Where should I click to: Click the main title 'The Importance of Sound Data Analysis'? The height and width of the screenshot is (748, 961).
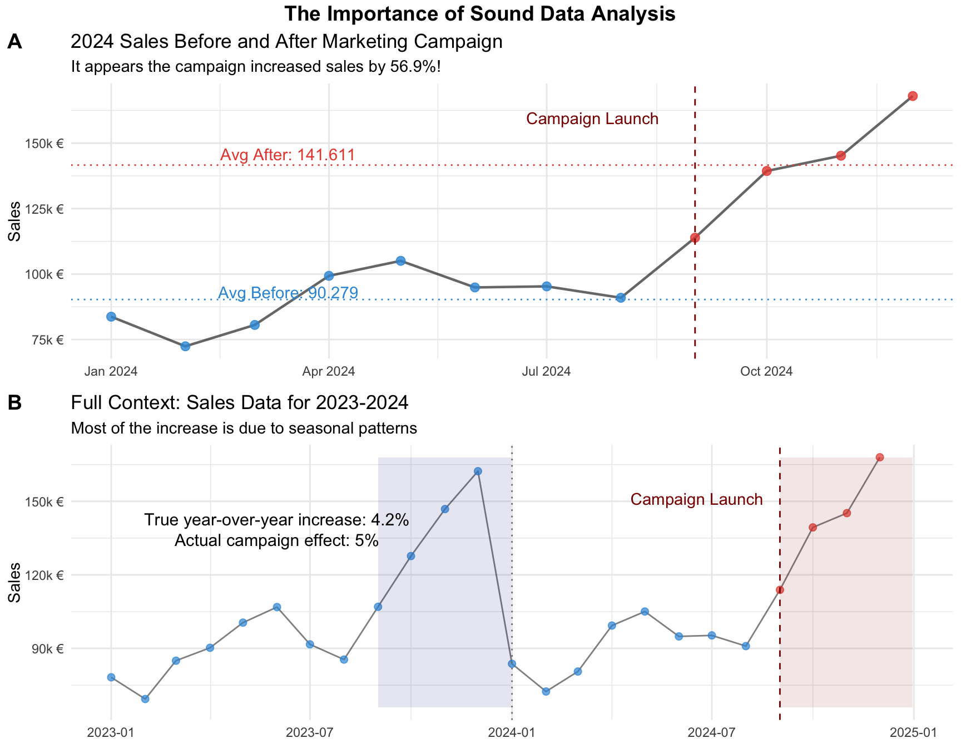tap(479, 14)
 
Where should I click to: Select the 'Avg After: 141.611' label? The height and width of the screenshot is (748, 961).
tap(288, 155)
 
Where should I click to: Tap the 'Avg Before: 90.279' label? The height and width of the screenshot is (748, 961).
tap(288, 293)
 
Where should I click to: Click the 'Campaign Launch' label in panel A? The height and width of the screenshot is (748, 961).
tap(592, 119)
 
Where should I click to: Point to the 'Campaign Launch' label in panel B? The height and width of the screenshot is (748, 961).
tap(696, 499)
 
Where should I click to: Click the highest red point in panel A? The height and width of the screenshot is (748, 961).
tap(913, 96)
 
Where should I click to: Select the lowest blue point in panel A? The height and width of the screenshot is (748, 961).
tap(185, 346)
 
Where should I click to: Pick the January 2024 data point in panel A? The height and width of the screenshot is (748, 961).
tap(111, 317)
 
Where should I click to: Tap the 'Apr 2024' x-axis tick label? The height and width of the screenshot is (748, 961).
tap(329, 371)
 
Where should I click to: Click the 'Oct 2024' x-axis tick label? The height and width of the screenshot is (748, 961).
tap(766, 371)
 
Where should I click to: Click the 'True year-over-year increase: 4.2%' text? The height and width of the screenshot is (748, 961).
tap(276, 520)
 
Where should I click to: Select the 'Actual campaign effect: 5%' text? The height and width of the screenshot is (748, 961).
tap(276, 540)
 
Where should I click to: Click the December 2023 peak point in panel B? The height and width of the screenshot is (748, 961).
tap(478, 471)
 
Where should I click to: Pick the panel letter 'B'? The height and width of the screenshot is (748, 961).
tap(14, 402)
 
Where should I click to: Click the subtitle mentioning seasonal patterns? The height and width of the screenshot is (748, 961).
tap(244, 428)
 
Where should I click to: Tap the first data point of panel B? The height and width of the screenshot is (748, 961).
tap(111, 677)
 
